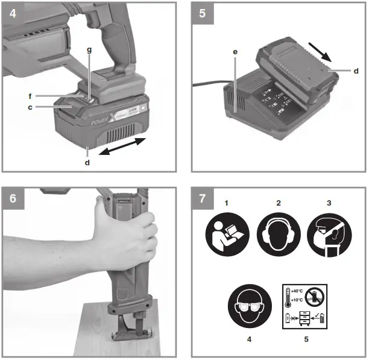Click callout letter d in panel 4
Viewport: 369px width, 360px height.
tap(87, 161)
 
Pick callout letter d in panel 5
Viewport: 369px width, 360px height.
tap(356, 71)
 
